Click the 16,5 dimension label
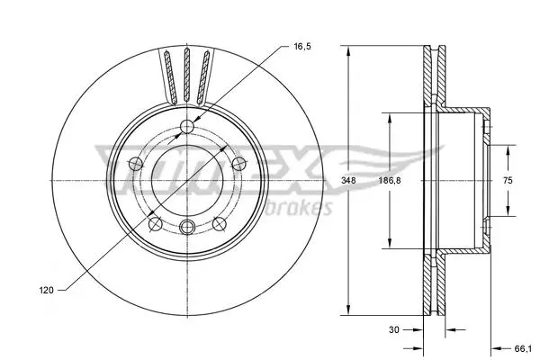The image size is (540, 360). (302, 46)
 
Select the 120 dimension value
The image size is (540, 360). (46, 291)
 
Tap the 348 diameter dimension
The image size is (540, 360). (348, 180)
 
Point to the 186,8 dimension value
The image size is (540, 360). (390, 180)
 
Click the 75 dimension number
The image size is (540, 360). (508, 180)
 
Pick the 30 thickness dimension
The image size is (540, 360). (393, 329)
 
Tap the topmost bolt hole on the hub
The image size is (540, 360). (187, 126)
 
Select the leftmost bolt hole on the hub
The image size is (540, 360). (136, 164)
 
